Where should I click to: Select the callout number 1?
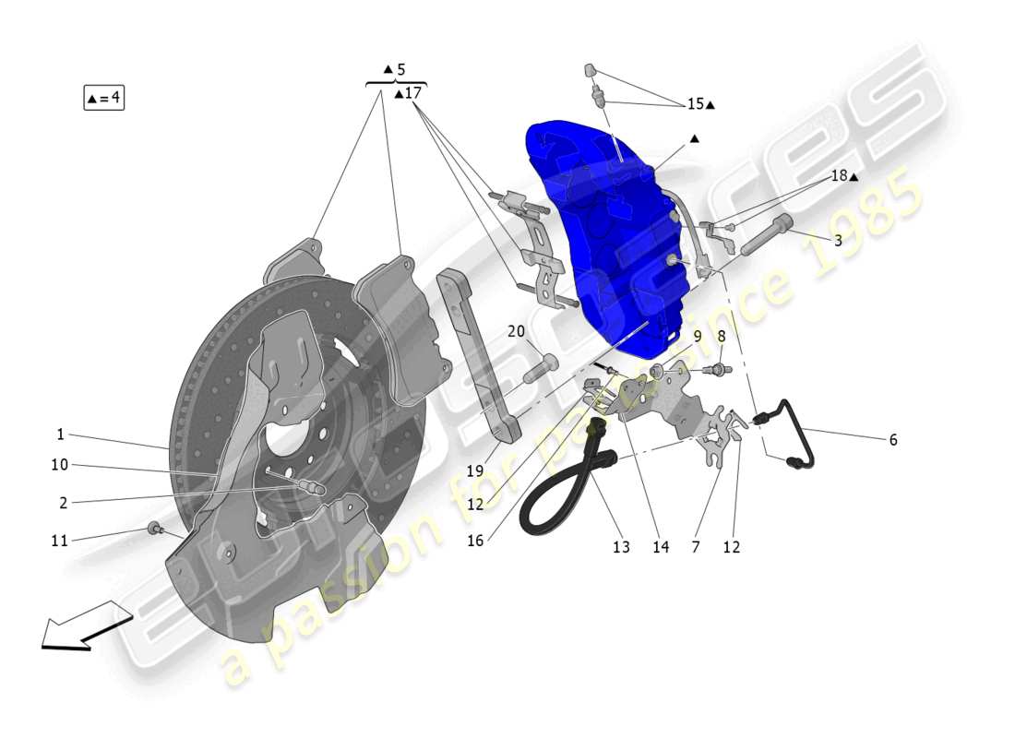[60, 434]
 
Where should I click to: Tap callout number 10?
[59, 465]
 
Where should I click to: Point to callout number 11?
[59, 541]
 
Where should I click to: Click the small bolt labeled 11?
[154, 529]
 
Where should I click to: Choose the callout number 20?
[516, 331]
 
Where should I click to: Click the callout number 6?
[892, 440]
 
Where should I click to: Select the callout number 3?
[837, 241]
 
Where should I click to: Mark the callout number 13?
[621, 547]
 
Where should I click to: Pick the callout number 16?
[475, 541]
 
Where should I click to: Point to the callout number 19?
[475, 470]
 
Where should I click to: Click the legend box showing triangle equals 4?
[103, 97]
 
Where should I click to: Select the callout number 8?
[721, 337]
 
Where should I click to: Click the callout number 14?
[660, 547]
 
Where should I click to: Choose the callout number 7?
[695, 547]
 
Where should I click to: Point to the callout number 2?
[63, 503]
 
